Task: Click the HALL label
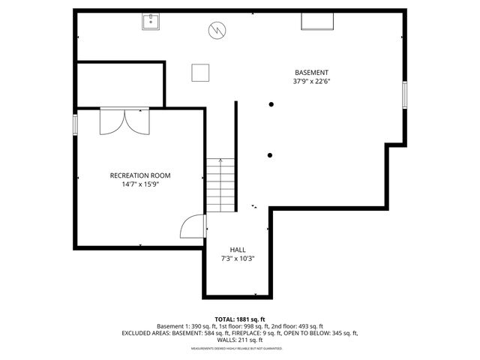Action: [237, 250]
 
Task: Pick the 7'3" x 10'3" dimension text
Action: [237, 259]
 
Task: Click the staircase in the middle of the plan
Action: [220, 184]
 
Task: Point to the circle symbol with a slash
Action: [217, 31]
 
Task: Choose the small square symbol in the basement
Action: [200, 73]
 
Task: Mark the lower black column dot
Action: [270, 155]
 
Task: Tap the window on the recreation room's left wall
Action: [74, 125]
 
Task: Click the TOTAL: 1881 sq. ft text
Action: [240, 319]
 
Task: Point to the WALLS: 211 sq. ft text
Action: [240, 340]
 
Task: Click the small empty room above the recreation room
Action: [120, 85]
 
